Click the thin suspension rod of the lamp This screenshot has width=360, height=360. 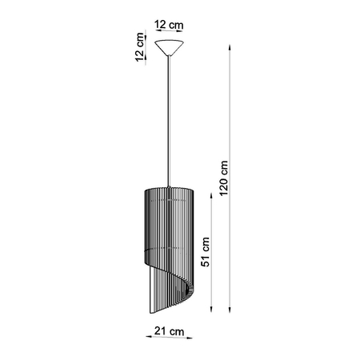(x=170, y=120)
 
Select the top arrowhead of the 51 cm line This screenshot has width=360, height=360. (x=212, y=193)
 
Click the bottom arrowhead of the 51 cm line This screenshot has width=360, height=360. (x=212, y=314)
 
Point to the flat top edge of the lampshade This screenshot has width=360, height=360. (x=170, y=190)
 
